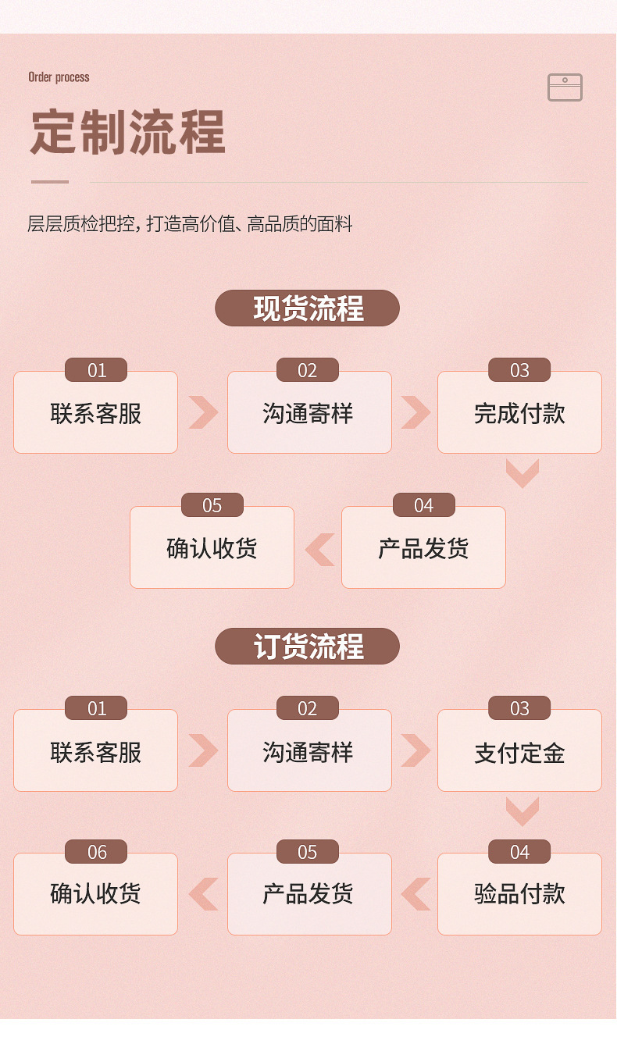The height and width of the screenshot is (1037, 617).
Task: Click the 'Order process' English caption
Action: click(x=59, y=77)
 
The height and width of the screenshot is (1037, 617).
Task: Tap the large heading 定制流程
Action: click(x=128, y=131)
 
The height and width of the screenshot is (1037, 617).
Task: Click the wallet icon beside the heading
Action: click(x=565, y=87)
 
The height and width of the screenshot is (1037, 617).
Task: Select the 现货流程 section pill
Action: click(x=308, y=308)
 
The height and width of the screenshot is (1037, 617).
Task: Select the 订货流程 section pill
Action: click(x=308, y=647)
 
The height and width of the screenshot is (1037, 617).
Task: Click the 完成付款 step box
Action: click(x=519, y=413)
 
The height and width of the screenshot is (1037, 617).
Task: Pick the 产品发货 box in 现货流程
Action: click(x=423, y=548)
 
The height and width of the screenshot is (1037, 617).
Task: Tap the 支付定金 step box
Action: click(x=519, y=752)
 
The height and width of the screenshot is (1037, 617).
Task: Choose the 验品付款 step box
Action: click(x=519, y=894)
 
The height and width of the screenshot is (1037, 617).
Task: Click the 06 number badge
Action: click(x=96, y=852)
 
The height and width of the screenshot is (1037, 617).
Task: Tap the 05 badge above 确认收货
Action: click(x=212, y=505)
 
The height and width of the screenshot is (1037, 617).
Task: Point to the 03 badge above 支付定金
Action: click(x=519, y=708)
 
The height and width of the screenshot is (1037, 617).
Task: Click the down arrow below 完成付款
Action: click(x=522, y=473)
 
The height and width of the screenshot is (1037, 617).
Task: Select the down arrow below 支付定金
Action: click(x=522, y=811)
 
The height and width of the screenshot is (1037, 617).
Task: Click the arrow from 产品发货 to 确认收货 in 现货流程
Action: click(x=319, y=550)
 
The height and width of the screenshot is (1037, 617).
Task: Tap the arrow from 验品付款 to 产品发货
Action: click(x=415, y=894)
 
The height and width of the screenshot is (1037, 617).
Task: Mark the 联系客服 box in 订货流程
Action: click(x=95, y=752)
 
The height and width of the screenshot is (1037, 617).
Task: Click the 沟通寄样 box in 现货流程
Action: click(x=309, y=413)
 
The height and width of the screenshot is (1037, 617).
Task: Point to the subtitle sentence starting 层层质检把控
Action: click(x=190, y=225)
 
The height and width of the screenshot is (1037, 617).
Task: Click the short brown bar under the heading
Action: click(x=50, y=182)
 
